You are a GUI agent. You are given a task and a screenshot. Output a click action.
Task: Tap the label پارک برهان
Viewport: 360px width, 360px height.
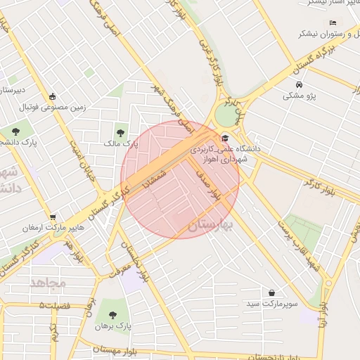(x=113, y=327)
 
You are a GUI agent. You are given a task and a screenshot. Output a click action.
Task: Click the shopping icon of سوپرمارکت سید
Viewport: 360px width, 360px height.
(x=271, y=292)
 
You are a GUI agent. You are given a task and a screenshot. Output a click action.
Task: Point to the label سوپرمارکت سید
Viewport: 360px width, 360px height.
(x=271, y=305)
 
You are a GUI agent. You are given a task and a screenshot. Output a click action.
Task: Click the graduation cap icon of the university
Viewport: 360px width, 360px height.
(x=225, y=138)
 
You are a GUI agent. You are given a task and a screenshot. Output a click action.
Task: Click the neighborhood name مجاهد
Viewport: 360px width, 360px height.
(x=48, y=282)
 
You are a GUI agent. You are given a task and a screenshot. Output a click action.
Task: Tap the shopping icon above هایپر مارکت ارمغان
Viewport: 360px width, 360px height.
(x=52, y=217)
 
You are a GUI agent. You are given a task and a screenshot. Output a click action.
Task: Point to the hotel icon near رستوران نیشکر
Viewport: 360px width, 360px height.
(x=333, y=22)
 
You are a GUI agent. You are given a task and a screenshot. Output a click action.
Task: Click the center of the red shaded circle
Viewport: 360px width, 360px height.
(x=180, y=180)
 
